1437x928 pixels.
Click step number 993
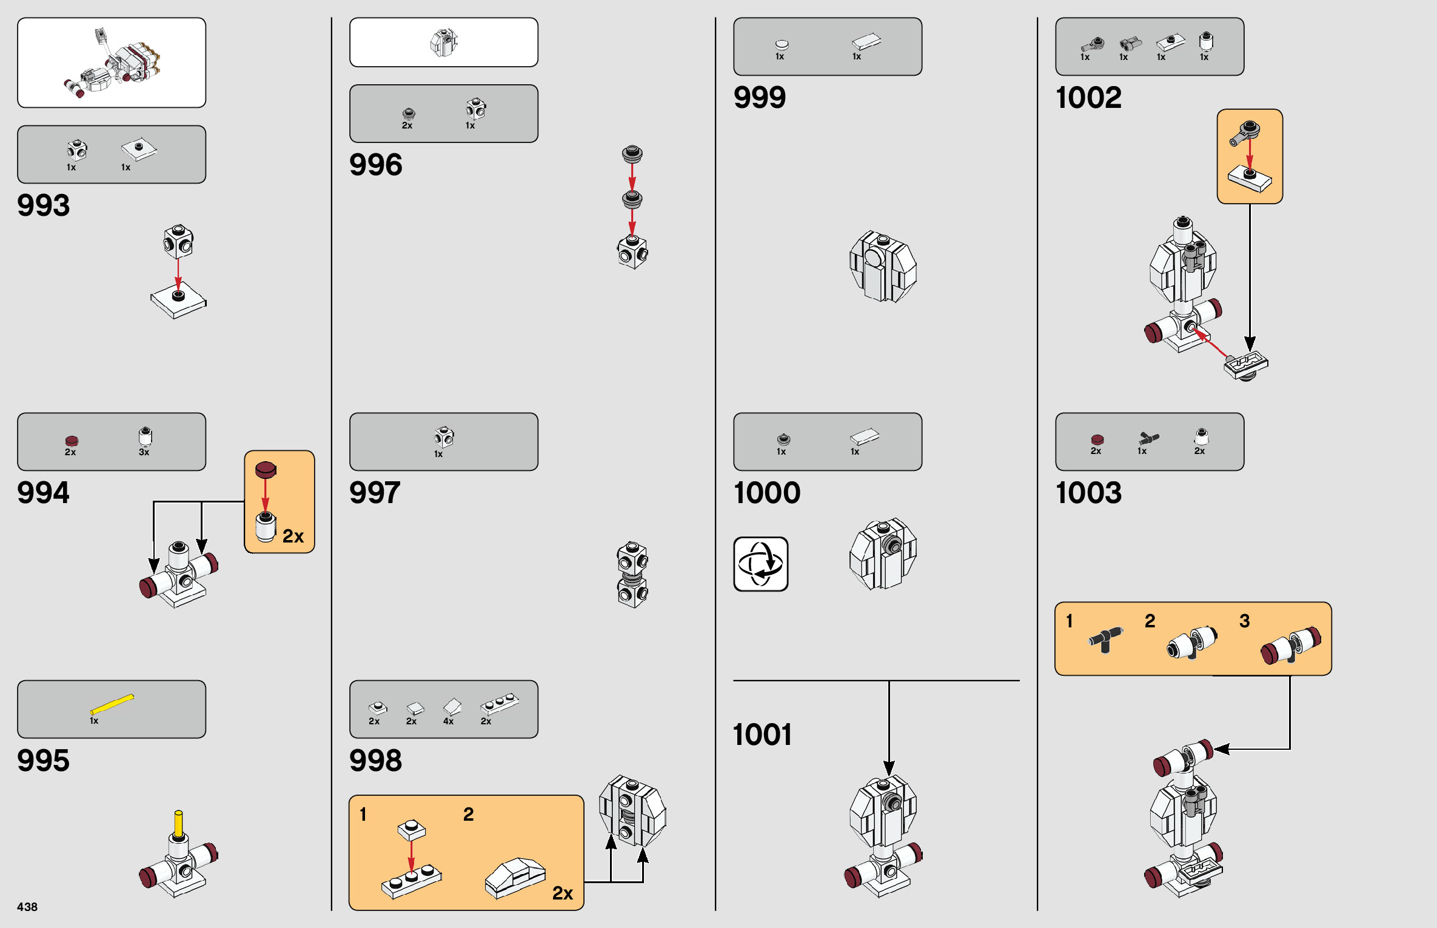(x=44, y=205)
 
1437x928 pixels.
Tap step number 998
(x=375, y=761)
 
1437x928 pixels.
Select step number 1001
(x=762, y=735)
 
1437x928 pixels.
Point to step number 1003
(x=1088, y=493)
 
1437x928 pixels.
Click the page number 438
(x=27, y=907)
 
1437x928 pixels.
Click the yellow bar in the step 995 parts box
(x=112, y=704)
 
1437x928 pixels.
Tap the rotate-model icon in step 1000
(x=760, y=564)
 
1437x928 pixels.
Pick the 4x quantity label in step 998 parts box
(x=448, y=721)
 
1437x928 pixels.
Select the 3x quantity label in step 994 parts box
(x=144, y=452)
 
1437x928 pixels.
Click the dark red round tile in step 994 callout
(x=266, y=469)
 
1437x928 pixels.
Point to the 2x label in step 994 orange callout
(x=293, y=536)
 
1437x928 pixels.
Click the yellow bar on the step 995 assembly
(x=178, y=824)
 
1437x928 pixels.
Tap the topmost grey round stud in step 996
(x=632, y=153)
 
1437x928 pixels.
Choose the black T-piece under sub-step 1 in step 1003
(x=1105, y=640)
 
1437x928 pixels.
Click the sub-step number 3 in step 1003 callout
(x=1244, y=621)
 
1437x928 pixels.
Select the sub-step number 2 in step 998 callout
(x=468, y=814)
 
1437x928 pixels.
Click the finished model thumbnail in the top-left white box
(x=112, y=64)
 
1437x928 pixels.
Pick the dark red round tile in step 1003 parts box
(x=1097, y=439)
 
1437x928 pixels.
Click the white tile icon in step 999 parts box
(x=866, y=41)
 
